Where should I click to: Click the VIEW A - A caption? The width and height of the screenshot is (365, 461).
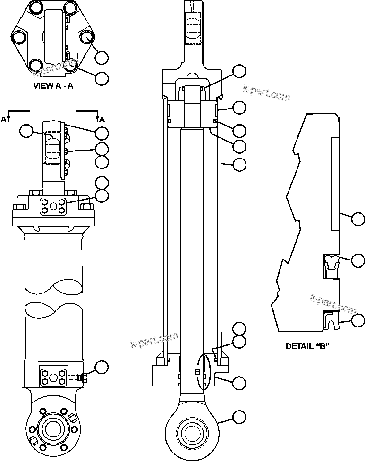pos(53,86)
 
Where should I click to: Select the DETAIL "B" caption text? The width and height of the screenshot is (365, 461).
pos(307,346)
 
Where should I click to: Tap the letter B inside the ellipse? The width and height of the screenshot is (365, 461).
pos(198,372)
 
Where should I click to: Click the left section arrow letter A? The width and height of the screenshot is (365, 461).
pos(4,119)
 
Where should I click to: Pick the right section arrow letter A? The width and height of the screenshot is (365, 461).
pos(102,119)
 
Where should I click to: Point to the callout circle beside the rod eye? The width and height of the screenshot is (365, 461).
pos(240,416)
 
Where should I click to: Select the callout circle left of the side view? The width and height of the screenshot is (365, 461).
pos(27,131)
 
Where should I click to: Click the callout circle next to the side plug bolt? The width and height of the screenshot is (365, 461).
pos(102,367)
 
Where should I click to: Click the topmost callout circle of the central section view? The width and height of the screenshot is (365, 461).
pos(240,72)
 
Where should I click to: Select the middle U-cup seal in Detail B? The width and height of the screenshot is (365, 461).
pos(331,263)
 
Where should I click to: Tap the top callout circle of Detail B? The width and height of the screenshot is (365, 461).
pos(358,218)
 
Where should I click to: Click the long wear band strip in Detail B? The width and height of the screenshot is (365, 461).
pos(335,184)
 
